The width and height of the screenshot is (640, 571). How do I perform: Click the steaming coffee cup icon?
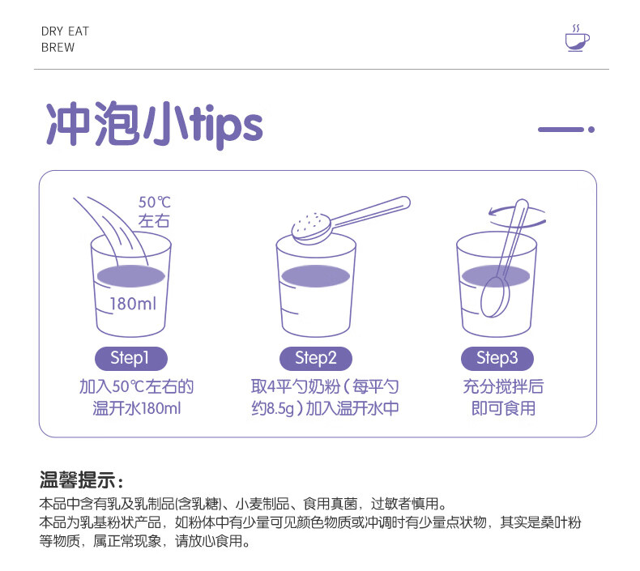click(577, 38)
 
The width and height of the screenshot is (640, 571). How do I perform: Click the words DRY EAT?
click(65, 32)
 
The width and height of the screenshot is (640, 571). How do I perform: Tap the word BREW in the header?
click(58, 48)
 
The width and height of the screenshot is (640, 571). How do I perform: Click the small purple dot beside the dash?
click(591, 130)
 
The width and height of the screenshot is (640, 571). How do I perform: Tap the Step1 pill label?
click(131, 358)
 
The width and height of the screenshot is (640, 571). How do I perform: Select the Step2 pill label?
click(315, 358)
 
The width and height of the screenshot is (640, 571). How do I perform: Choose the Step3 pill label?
click(497, 358)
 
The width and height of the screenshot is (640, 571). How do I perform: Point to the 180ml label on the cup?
click(133, 304)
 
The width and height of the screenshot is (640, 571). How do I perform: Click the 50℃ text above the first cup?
click(154, 202)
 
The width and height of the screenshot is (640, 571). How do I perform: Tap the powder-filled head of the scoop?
click(311, 228)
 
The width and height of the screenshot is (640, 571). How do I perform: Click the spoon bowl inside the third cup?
click(495, 297)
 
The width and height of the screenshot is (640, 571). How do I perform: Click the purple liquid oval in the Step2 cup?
click(315, 276)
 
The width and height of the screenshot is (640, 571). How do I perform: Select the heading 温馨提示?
click(78, 479)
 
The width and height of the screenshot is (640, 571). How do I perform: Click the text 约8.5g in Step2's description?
click(273, 408)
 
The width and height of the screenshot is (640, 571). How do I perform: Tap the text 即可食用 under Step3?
click(503, 408)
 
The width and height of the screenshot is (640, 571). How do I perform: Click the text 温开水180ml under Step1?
click(137, 408)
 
